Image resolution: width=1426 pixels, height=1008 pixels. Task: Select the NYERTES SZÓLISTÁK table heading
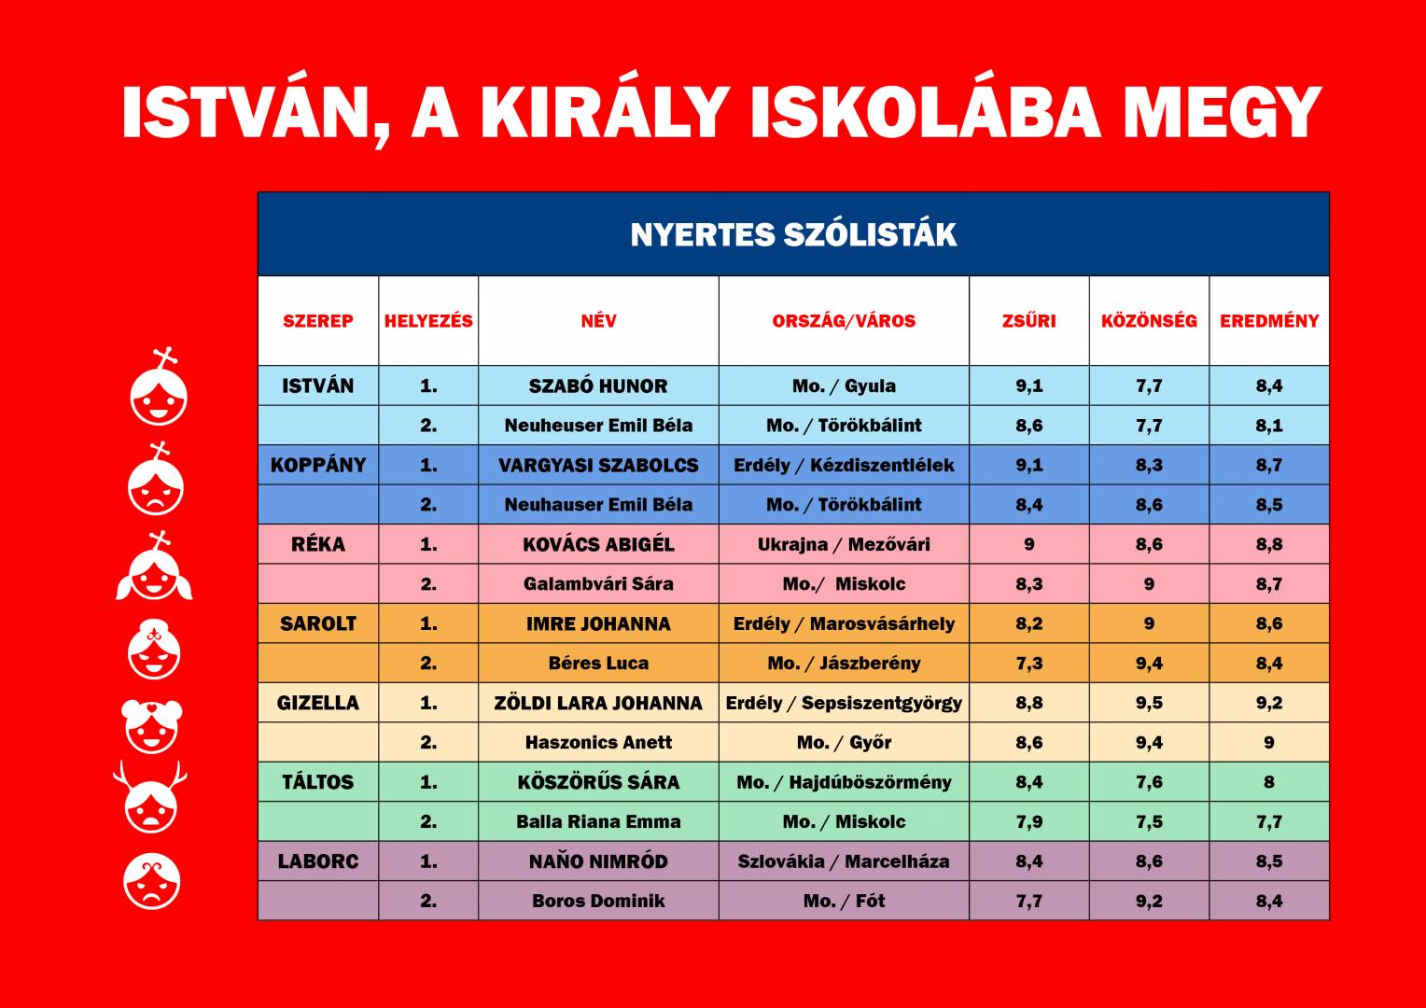point(793,234)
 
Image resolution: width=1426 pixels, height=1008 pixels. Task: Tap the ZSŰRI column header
point(1028,320)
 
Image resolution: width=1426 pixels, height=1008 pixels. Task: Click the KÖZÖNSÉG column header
point(1149,320)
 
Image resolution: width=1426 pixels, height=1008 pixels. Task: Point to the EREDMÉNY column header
point(1269,321)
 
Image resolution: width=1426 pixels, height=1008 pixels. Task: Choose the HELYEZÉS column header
point(428,321)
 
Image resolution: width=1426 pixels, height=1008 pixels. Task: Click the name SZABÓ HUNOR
point(598,385)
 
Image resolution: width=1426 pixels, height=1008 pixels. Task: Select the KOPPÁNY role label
point(318,465)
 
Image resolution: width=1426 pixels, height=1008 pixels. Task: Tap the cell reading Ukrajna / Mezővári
point(844,544)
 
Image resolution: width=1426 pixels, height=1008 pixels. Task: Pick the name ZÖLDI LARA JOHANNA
point(598,703)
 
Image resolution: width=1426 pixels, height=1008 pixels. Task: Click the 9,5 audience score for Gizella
point(1149,703)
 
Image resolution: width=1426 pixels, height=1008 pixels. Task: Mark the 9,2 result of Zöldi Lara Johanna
point(1269,703)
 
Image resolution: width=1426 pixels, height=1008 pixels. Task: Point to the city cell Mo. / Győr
point(844,743)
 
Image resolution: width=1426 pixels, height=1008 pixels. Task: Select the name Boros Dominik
point(598,901)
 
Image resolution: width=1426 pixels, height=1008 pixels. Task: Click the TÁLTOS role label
point(318,782)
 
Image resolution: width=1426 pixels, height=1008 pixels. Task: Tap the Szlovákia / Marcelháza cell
point(844,861)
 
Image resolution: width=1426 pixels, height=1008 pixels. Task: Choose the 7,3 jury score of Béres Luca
point(1028,664)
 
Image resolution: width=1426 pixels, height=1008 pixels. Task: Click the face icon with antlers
point(150,796)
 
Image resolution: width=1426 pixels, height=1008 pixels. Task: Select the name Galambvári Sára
point(598,584)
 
